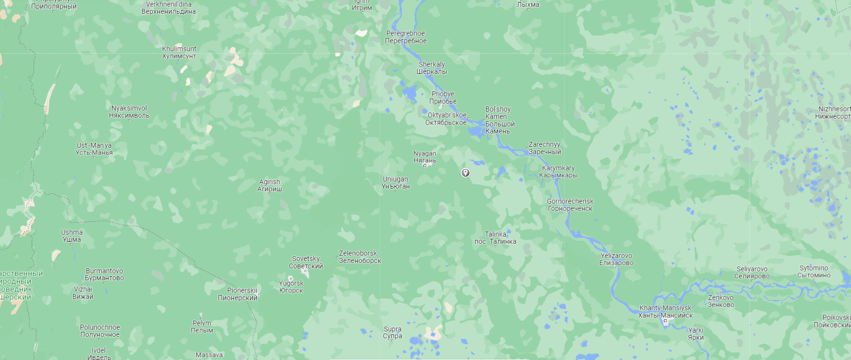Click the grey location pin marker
pos(465,172)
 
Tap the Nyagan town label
pos(425,157)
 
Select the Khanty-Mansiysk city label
pos(665,312)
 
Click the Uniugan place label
pos(396,183)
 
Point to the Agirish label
pos(270,185)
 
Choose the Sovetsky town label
pos(306,262)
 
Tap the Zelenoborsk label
pos(359,257)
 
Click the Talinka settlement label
pos(496,238)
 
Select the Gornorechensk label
pos(570,205)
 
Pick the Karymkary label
pos(558,171)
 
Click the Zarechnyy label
pos(545,148)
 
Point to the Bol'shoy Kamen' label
pos(500,120)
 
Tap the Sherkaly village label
pos(432,68)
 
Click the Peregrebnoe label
pos(406,37)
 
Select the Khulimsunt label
pos(179,52)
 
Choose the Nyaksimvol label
pos(129,112)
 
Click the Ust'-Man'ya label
pos(94,149)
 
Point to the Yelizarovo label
pos(616,259)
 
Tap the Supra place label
pos(393,332)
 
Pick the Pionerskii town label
pos(238,294)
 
